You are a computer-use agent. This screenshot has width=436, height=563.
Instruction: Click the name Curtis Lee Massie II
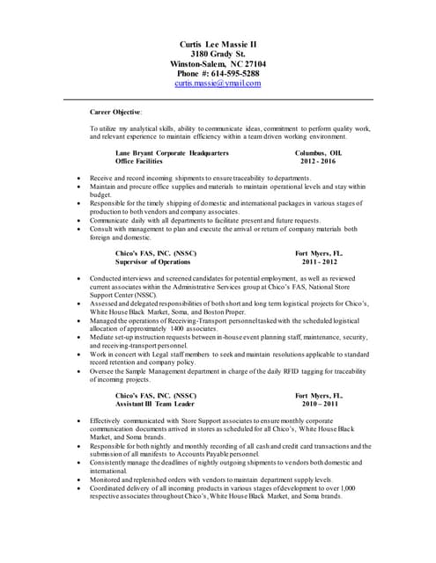218,44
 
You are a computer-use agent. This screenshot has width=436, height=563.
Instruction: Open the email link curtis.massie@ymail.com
218,84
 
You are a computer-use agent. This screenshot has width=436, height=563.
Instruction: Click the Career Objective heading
115,113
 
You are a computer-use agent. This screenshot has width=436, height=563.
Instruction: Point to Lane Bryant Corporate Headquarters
172,153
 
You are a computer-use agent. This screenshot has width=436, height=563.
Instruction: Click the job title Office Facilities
147,162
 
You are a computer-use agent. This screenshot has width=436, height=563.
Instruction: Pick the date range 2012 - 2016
318,162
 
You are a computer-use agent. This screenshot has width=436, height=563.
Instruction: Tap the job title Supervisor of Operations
153,262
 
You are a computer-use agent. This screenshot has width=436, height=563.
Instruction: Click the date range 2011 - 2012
319,262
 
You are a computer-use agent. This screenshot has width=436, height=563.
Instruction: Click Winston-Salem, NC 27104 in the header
218,64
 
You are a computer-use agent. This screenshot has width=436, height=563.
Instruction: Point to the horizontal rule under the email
218,99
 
